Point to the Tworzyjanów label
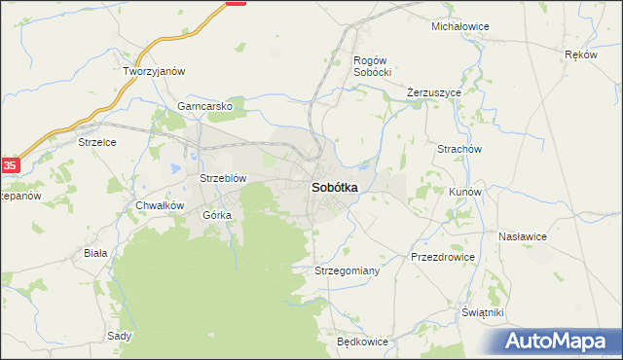coord(154,72)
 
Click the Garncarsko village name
coord(204,107)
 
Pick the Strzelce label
coord(97,142)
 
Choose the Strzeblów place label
coord(223,179)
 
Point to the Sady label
coord(120,336)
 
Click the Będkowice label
coord(362,342)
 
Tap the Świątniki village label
coord(482,312)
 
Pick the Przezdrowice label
coord(443,257)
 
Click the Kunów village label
coord(465,193)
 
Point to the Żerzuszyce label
coord(433,92)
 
